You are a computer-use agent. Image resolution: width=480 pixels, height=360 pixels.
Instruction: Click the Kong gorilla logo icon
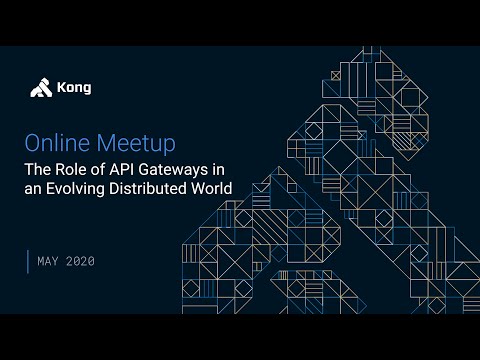[40, 88]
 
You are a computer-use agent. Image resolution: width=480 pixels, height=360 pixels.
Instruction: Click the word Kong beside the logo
[75, 88]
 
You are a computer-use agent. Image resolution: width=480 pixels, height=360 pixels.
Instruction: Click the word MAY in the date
[49, 261]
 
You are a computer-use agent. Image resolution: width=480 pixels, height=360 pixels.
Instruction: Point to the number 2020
[81, 261]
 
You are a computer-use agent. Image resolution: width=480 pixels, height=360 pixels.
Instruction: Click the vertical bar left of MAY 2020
[28, 261]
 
